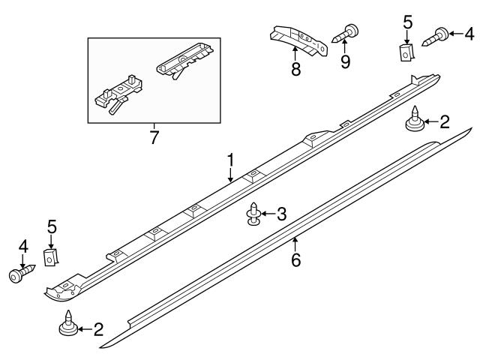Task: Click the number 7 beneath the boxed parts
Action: click(x=154, y=137)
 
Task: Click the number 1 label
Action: click(x=231, y=159)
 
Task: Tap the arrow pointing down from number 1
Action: click(x=231, y=175)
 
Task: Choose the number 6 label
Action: click(x=295, y=260)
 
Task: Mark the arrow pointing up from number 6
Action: click(x=295, y=243)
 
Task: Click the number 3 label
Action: click(x=280, y=214)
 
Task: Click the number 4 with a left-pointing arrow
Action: click(x=469, y=33)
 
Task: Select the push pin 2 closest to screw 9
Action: click(x=414, y=121)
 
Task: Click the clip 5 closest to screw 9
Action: click(x=406, y=52)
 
